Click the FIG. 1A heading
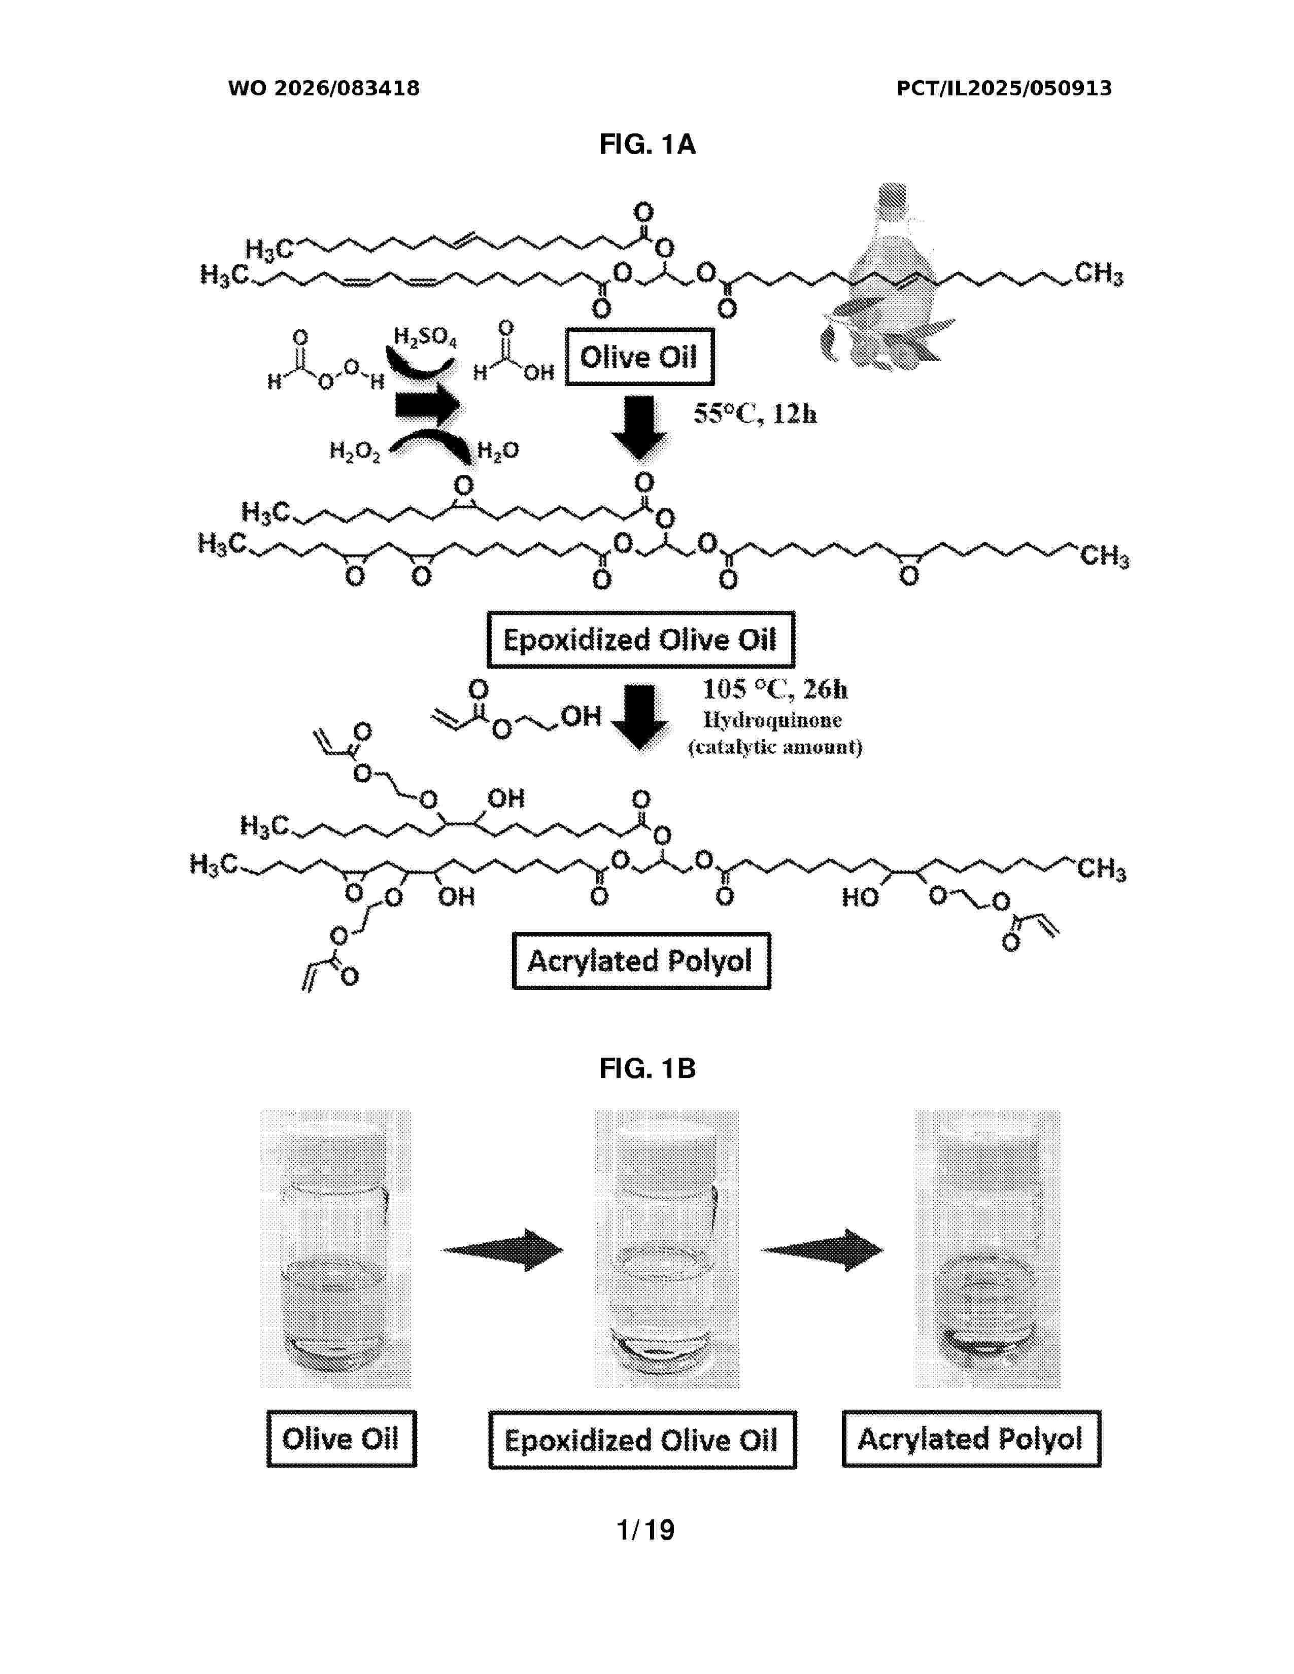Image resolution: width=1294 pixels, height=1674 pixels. click(647, 144)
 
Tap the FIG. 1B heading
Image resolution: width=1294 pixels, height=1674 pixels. click(647, 1068)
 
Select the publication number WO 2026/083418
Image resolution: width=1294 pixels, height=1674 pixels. click(324, 88)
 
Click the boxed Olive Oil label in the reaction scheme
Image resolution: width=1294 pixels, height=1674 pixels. click(639, 357)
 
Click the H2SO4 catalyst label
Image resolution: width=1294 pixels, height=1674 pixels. click(425, 337)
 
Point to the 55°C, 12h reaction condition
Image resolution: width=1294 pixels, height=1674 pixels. click(755, 414)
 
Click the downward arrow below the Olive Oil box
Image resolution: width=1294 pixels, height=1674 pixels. click(639, 428)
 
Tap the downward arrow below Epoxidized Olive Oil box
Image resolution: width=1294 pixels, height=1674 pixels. click(639, 717)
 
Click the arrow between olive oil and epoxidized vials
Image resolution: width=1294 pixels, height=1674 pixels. click(502, 1250)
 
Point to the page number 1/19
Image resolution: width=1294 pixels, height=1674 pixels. click(646, 1530)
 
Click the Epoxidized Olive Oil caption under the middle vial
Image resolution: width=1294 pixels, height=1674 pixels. click(642, 1440)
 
